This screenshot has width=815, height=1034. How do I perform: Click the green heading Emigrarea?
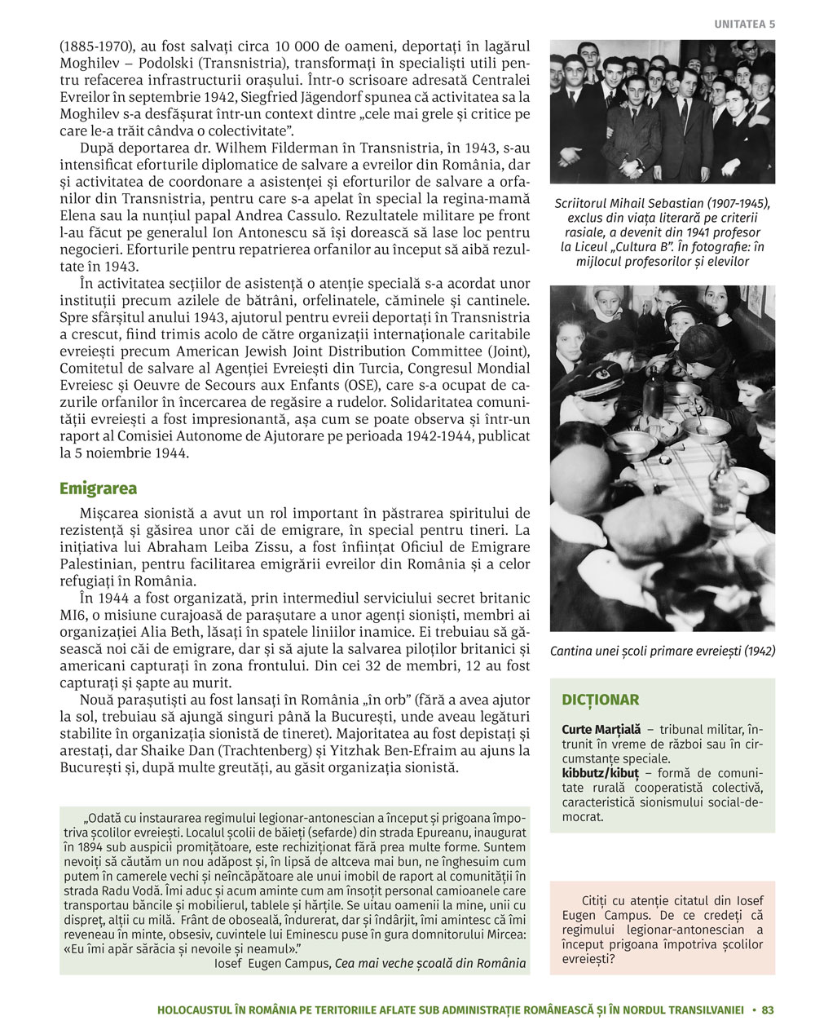[x=98, y=488]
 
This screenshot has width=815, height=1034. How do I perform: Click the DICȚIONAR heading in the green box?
[x=600, y=700]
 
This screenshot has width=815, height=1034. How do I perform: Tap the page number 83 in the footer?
[x=768, y=1010]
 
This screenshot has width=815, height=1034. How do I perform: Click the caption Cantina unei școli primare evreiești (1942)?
[x=663, y=651]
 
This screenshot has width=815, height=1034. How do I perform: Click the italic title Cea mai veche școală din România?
[x=430, y=963]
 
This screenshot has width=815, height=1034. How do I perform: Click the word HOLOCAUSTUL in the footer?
[x=194, y=1010]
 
